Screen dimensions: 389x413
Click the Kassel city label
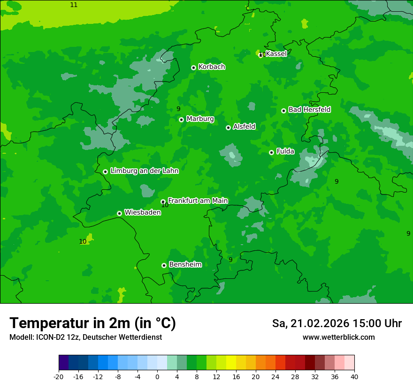[x=276, y=54]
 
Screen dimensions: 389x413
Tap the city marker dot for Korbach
[x=193, y=67]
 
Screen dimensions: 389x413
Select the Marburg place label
[x=200, y=119]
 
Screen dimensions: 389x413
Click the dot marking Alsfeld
[x=228, y=127]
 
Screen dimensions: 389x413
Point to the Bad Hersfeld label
[x=309, y=110]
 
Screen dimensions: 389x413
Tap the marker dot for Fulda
[x=271, y=152]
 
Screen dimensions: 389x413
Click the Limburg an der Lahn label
[x=144, y=171]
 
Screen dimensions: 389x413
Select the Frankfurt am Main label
[x=198, y=201]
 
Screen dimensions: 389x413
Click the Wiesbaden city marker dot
[x=119, y=213]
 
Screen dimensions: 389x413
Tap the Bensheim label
[x=185, y=264]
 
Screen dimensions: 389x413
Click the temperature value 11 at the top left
[x=74, y=5]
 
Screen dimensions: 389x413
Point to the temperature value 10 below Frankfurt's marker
[x=165, y=205]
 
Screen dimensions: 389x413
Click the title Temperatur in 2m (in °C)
[x=92, y=323]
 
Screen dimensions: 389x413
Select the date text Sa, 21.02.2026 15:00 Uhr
[x=337, y=323]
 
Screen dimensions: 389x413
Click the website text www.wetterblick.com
[x=338, y=337]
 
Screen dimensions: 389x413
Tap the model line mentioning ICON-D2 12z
[x=85, y=337]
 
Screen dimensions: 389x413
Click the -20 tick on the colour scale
[x=59, y=376]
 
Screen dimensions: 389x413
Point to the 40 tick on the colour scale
[x=354, y=376]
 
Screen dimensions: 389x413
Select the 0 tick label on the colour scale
[x=157, y=376]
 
